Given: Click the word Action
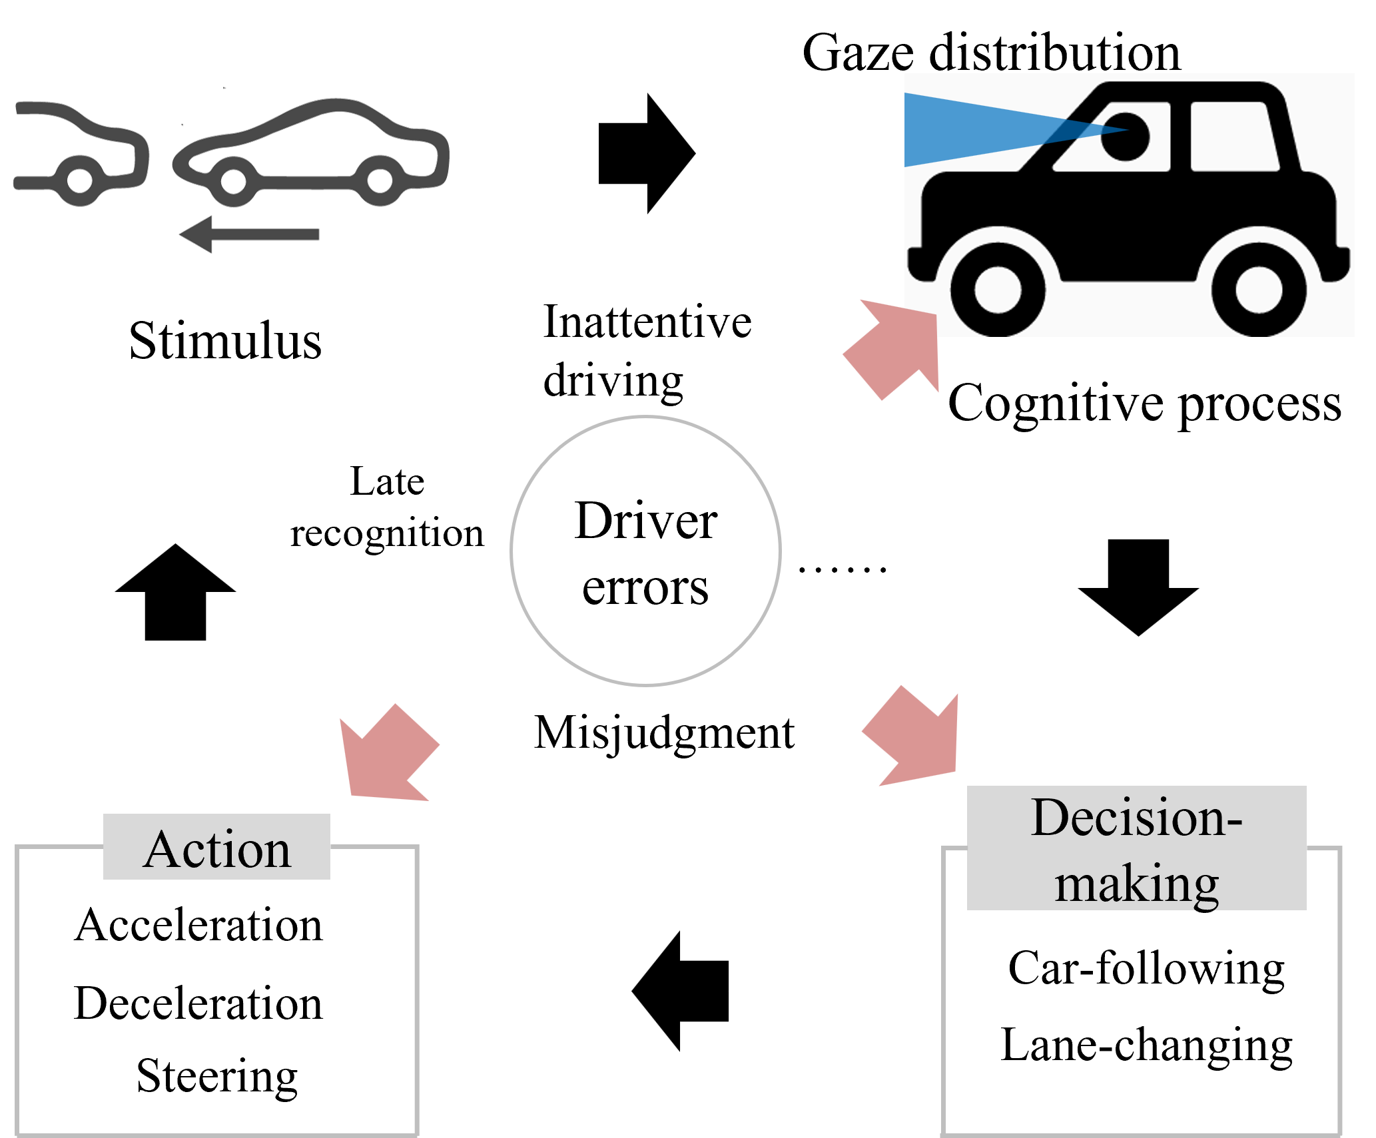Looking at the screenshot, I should tap(217, 850).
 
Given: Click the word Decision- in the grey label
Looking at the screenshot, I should tap(1136, 818).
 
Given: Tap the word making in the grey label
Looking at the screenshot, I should tap(1136, 884).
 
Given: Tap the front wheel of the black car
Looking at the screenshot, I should tap(997, 290).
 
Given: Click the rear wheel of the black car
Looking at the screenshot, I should tap(1258, 290).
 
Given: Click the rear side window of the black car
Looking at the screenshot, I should tap(1232, 137).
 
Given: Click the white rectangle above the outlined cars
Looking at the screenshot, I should tap(172, 99).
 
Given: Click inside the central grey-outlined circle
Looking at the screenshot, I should tap(645, 551).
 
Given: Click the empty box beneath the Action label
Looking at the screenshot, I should tap(216, 999).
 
